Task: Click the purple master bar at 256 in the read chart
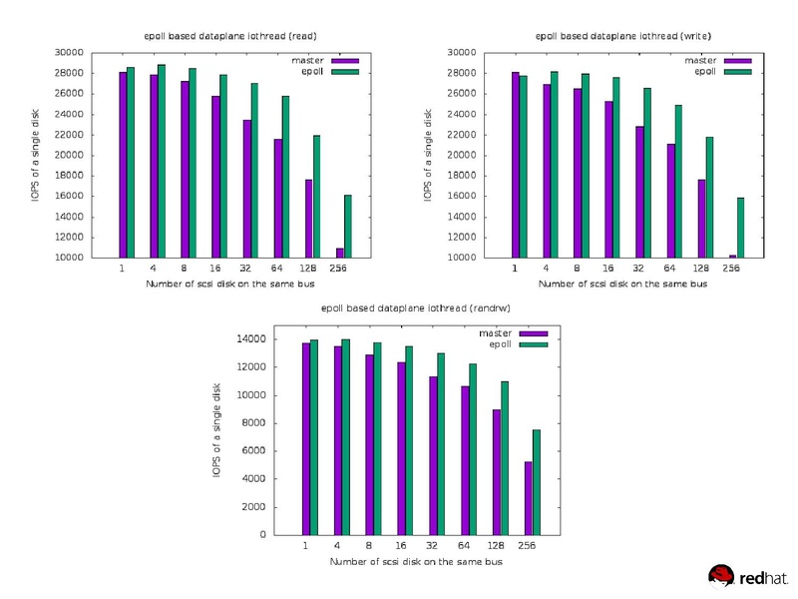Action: [x=339, y=253]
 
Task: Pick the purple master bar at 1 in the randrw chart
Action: [x=306, y=438]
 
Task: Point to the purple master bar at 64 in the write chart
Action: [x=670, y=201]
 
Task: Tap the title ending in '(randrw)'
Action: [x=417, y=309]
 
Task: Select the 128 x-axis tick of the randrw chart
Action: [x=496, y=546]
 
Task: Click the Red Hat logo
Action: [x=748, y=575]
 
